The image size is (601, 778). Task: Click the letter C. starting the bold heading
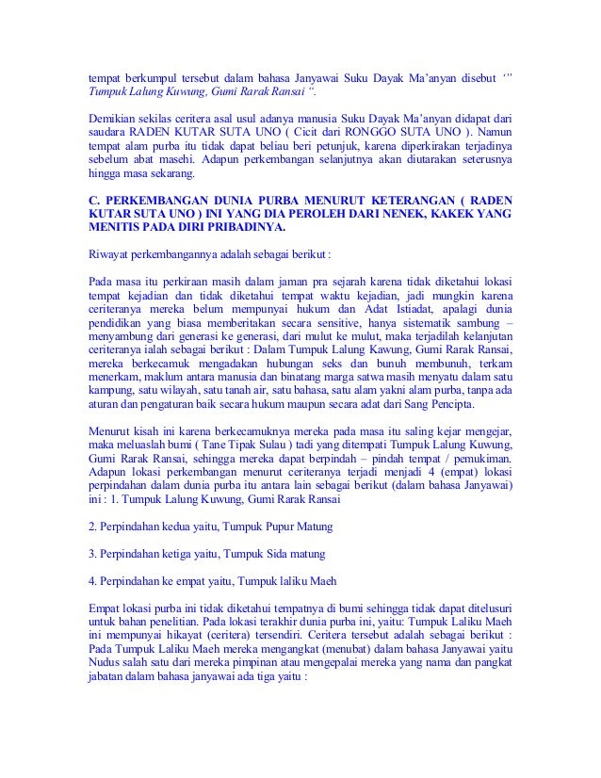[91, 200]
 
